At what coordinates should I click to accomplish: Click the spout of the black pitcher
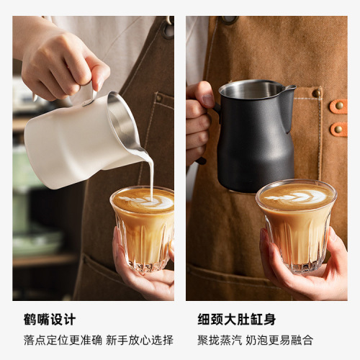coord(289,89)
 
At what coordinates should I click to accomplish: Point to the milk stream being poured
coord(152,173)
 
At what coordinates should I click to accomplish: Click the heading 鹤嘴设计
coord(50,319)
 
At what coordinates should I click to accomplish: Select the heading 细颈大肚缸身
coord(237,319)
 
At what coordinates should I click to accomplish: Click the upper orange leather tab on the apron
coord(338,106)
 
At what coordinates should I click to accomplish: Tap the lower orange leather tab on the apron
coord(338,129)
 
